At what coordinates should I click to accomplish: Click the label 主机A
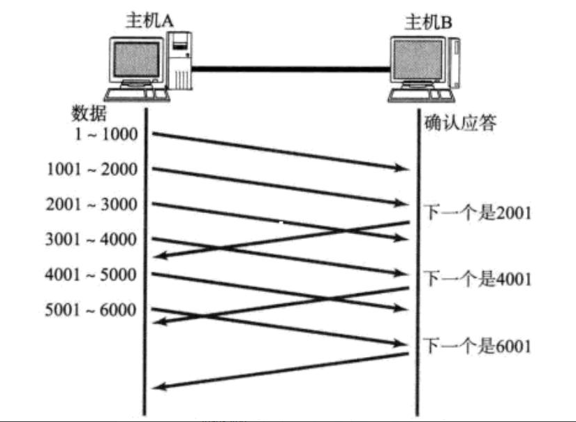[149, 21]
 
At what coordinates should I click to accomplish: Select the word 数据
[89, 112]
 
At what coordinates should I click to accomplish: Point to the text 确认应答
[460, 124]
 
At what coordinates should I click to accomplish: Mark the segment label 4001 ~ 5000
[91, 274]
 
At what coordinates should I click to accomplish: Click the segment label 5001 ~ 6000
[91, 310]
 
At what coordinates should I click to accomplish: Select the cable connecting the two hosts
[290, 68]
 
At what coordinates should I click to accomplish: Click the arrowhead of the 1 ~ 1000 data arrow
[403, 168]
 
